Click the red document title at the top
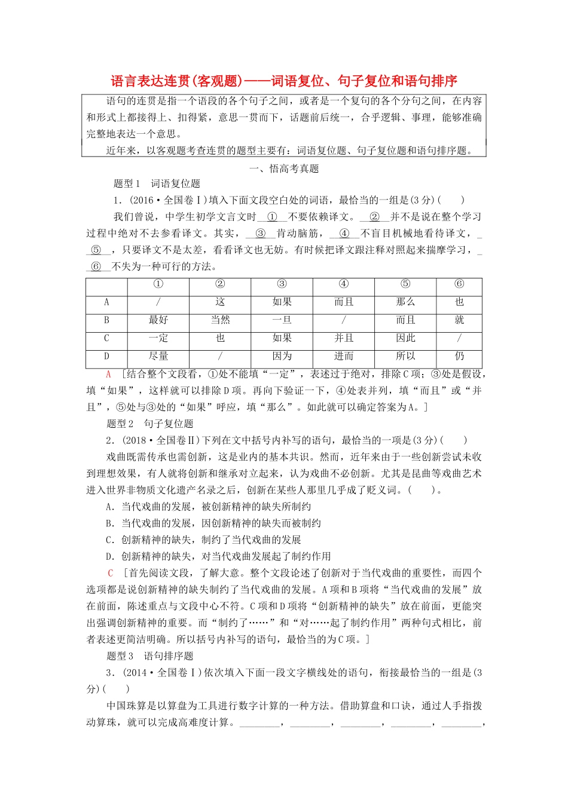click(284, 81)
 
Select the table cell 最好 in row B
click(158, 320)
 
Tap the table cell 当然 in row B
click(220, 320)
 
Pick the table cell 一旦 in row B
click(282, 320)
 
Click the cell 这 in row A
click(220, 302)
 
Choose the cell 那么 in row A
click(405, 302)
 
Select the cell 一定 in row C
click(158, 338)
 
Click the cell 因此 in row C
click(405, 338)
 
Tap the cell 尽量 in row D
click(158, 356)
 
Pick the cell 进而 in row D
click(343, 356)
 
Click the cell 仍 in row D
click(459, 356)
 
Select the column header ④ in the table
click(343, 284)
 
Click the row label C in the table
click(106, 338)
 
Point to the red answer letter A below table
click(109, 375)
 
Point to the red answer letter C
click(110, 573)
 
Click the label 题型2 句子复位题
click(149, 424)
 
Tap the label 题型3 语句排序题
click(149, 656)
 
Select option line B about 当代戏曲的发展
click(213, 523)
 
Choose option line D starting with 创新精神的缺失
click(218, 556)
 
